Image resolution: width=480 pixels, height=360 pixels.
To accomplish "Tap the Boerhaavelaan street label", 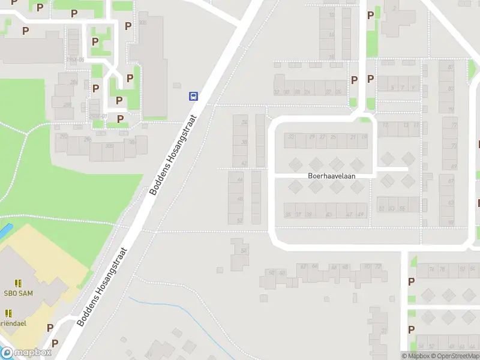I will (x=332, y=176).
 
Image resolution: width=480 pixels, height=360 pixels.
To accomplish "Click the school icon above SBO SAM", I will (x=18, y=282).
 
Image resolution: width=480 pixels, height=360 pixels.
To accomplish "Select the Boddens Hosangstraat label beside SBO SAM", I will (x=103, y=287).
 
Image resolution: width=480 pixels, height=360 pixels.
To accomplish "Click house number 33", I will (x=291, y=137).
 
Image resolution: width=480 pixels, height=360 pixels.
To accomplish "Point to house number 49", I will (x=360, y=214).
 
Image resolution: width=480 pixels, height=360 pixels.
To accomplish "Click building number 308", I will (x=142, y=22).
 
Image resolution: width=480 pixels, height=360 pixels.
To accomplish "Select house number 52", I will (x=240, y=220).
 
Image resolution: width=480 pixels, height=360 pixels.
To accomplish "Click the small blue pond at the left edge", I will (x=5, y=230).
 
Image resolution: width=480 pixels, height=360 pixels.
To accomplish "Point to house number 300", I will (x=109, y=146).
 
